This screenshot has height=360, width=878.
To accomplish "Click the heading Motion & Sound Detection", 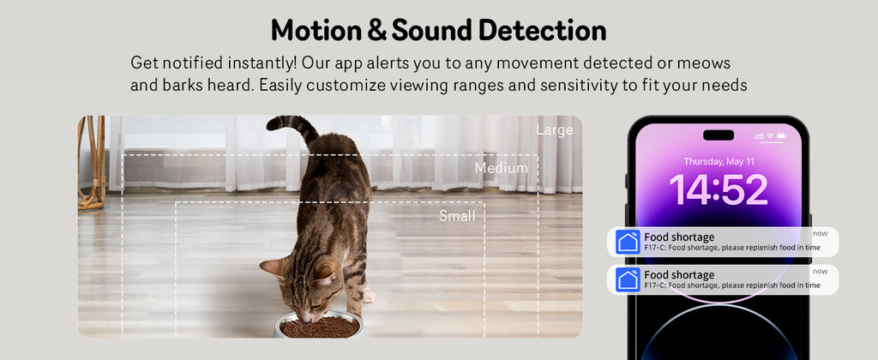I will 438,30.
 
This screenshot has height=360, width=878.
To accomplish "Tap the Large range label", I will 555,130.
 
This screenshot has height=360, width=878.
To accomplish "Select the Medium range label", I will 501,168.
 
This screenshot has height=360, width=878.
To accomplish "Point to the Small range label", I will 457,216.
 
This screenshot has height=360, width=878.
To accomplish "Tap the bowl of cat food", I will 320,327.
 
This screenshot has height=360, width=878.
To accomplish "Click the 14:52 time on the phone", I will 718,189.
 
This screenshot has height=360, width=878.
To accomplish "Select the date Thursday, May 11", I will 719,161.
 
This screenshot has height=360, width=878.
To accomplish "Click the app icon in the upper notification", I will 628,242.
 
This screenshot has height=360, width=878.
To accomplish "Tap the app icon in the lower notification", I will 628,279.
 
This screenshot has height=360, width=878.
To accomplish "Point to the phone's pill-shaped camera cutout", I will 719,135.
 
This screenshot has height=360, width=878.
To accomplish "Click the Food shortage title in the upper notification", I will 679,237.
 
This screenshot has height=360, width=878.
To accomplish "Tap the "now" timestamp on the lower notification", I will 821,271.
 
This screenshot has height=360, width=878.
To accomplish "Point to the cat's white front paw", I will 369,297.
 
